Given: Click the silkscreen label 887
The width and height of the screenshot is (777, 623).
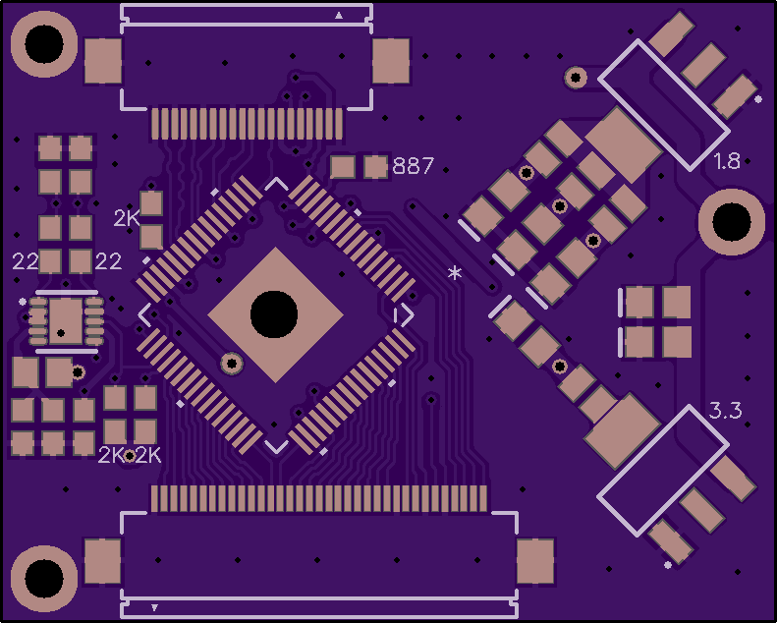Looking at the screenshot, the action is [413, 165].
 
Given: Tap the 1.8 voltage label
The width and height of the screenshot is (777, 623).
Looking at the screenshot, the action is [727, 161].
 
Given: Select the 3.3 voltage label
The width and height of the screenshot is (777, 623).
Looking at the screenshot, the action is [726, 411].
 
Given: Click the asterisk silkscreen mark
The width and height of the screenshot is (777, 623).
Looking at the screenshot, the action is [455, 272].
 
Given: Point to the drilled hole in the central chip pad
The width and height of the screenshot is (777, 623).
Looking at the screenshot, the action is [274, 314].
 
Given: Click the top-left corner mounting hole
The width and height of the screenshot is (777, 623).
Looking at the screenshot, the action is [44, 44].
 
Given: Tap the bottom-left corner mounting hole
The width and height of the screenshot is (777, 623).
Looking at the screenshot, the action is [44, 579].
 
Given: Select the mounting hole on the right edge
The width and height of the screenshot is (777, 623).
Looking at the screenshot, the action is [732, 221].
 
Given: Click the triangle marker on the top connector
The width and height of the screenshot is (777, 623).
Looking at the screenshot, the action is [339, 16].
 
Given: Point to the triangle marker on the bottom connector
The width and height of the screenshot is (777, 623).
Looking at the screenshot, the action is [154, 607].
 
